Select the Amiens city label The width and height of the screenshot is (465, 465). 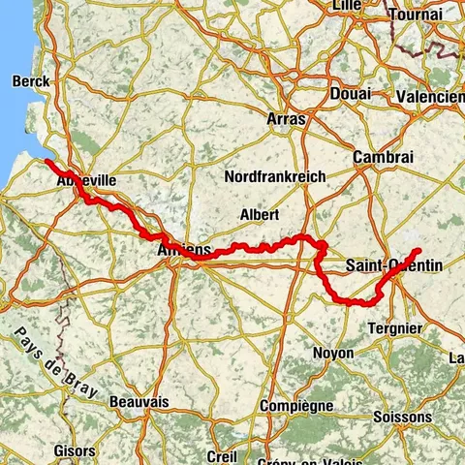183,251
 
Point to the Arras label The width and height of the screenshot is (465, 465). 285,119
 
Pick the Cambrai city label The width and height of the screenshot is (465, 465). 384,156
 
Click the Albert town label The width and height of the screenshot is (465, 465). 259,214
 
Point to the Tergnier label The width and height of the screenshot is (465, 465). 395,328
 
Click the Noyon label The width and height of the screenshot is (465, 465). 334,354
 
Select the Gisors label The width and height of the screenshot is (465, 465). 75,451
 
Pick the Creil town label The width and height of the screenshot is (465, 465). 222,455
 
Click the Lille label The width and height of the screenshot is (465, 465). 347,6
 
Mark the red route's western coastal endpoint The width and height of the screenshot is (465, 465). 47,161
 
